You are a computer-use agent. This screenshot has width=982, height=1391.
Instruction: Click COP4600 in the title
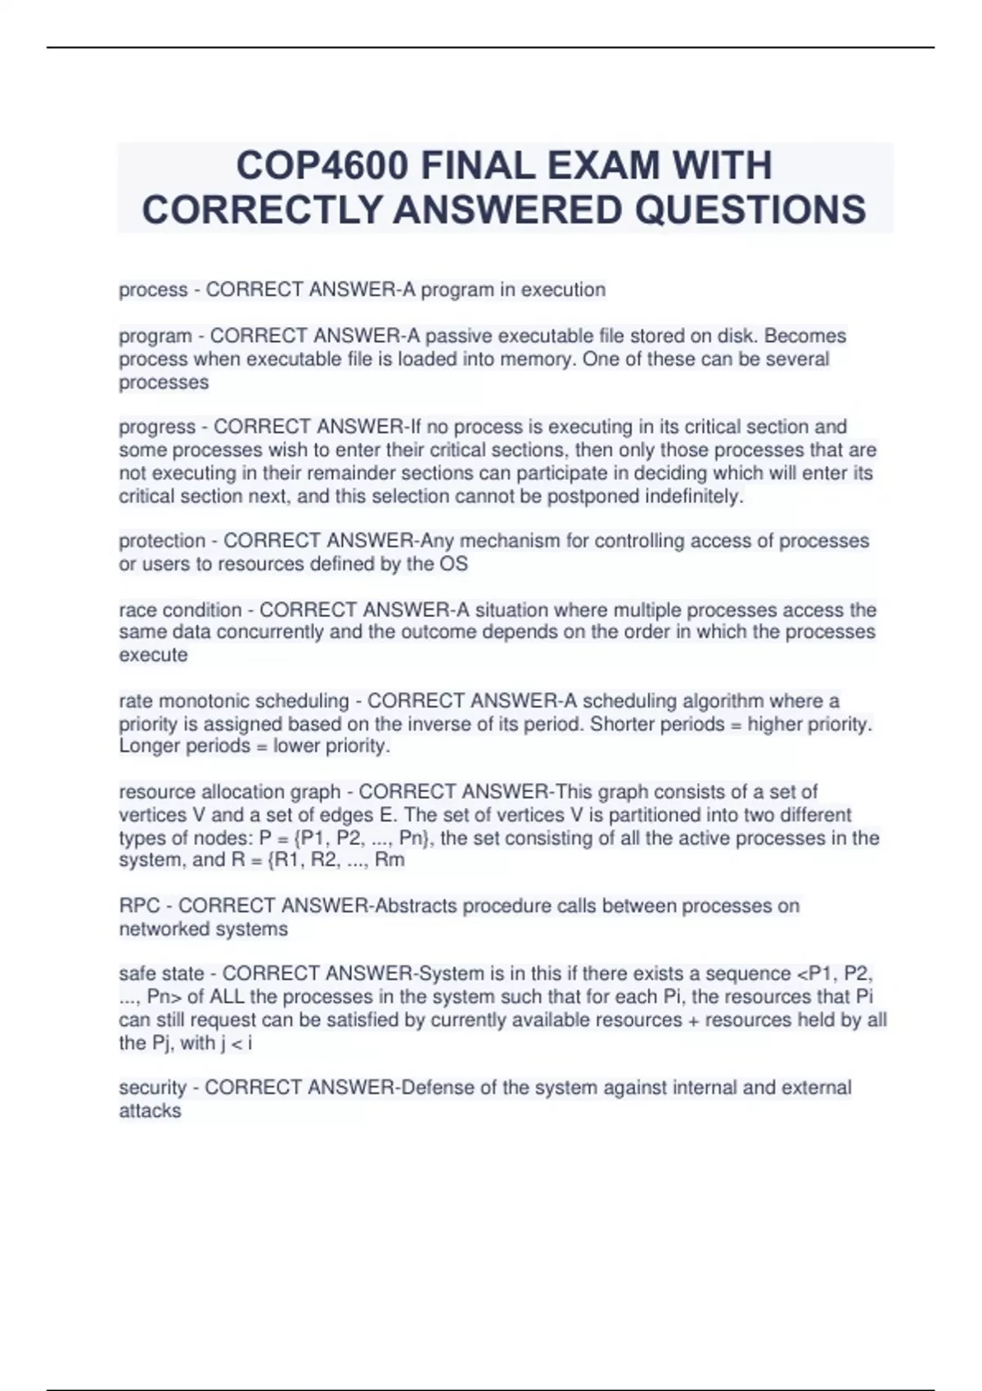coord(322,166)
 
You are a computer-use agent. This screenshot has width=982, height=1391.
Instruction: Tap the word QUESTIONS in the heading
coord(750,209)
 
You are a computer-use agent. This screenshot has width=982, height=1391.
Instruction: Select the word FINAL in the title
coord(477,166)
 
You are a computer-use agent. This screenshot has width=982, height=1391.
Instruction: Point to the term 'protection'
coord(162,541)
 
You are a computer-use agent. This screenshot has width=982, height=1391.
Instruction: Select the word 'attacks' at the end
coord(150,1110)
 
